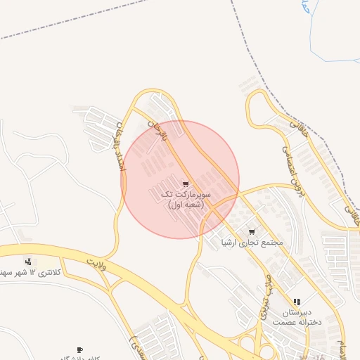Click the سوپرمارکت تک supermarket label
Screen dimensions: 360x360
(186, 193)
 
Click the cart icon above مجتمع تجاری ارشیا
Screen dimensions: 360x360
(252, 231)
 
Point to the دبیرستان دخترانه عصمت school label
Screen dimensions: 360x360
(297, 316)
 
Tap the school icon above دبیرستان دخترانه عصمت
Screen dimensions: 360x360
(297, 302)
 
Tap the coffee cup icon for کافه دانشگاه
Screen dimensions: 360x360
(79, 349)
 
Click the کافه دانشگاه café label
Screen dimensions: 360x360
(74, 357)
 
